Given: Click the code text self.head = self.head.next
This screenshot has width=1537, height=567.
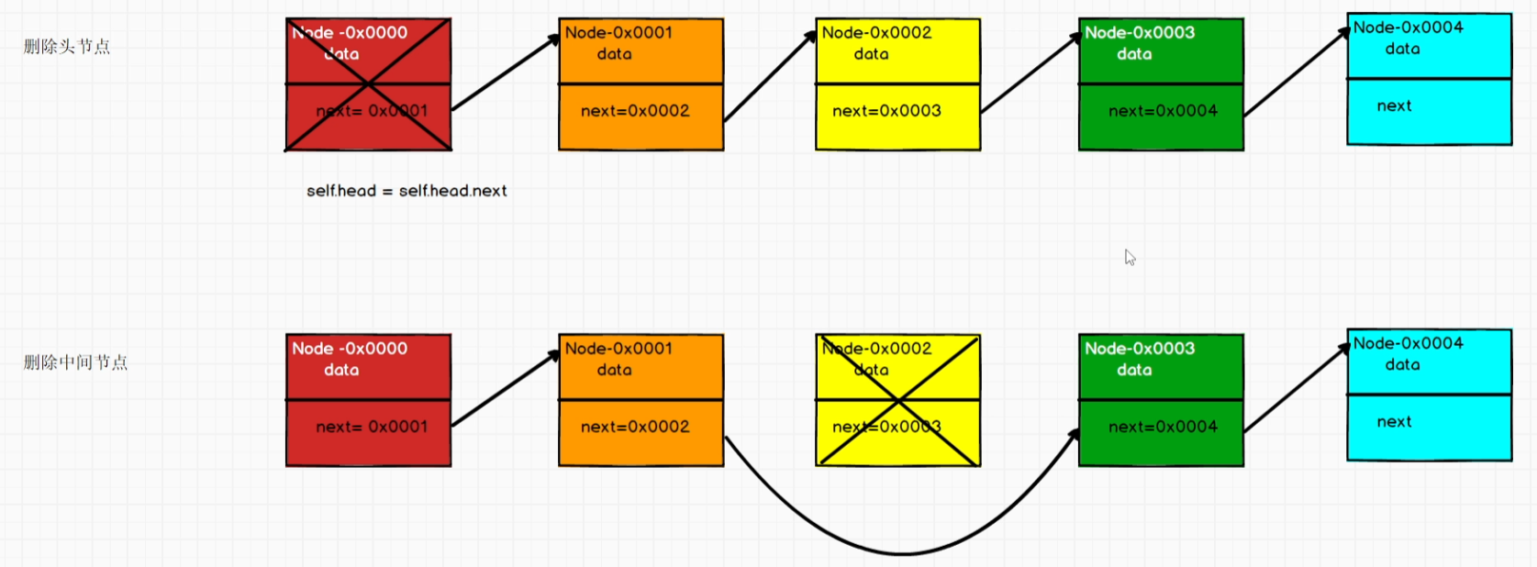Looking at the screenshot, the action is point(407,191).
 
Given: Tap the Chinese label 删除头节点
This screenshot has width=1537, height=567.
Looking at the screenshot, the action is point(67,47).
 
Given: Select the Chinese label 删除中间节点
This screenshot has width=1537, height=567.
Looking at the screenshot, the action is point(75,362).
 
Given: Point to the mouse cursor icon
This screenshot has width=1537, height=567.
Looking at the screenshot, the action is point(1130,258).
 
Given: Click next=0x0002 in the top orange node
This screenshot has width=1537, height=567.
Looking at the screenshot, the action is point(635,111).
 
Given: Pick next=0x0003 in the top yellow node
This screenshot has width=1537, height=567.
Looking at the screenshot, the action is point(886,111).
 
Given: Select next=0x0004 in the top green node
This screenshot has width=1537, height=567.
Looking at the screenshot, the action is point(1163,111).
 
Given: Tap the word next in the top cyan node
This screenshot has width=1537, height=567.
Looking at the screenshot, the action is point(1394,106).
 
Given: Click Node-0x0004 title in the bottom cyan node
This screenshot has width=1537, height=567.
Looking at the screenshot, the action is point(1408,343).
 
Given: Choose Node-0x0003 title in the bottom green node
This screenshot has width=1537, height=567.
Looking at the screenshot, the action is point(1140,348).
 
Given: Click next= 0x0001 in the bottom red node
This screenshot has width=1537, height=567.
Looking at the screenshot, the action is point(372,427).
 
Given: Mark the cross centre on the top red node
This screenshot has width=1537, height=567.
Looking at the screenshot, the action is point(368,84).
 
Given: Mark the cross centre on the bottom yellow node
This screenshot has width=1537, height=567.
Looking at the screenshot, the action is point(897,400).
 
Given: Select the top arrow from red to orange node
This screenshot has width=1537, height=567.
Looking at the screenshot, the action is point(506,72).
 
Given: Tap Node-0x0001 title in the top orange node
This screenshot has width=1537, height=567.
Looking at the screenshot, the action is point(618,32).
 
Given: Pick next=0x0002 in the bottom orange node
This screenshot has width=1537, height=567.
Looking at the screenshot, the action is point(635,427).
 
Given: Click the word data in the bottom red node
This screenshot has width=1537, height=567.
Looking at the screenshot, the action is point(341,370).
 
